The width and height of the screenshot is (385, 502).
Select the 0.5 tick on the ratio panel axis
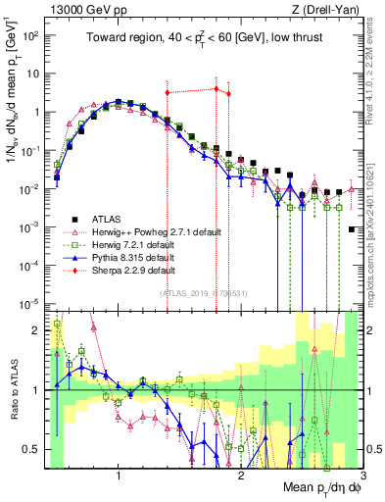coord(30,449)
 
